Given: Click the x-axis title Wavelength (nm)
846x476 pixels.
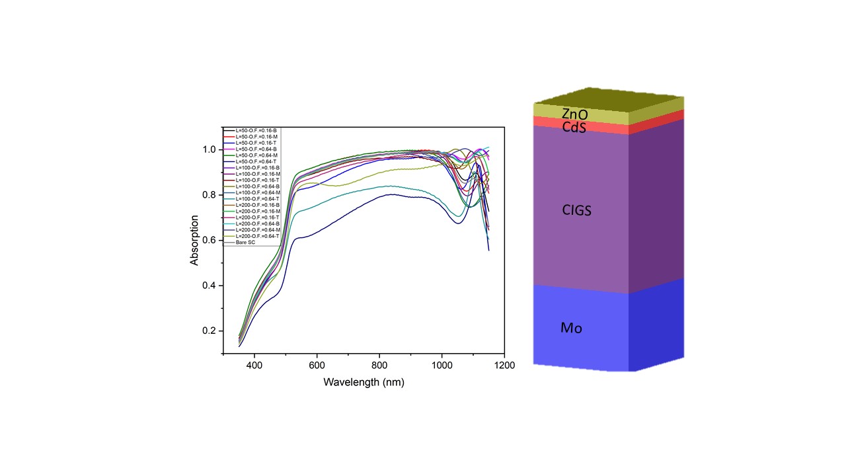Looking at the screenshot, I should pyautogui.click(x=364, y=382).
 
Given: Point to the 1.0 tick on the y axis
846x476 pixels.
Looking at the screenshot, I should pyautogui.click(x=209, y=150).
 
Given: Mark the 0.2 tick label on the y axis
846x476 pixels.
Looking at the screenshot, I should pyautogui.click(x=209, y=331).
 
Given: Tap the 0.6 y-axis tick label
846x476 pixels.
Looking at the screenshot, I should pyautogui.click(x=209, y=241).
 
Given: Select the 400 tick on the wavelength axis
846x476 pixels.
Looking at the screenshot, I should pyautogui.click(x=254, y=366).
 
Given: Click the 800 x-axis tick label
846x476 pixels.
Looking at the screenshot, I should pyautogui.click(x=379, y=366).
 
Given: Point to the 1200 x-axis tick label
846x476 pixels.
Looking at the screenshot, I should pyautogui.click(x=504, y=366).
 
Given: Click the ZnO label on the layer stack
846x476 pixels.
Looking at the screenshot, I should pyautogui.click(x=574, y=114).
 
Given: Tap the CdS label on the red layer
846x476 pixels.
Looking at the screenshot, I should pyautogui.click(x=574, y=126).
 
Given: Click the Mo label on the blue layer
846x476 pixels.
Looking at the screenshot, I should pyautogui.click(x=571, y=327).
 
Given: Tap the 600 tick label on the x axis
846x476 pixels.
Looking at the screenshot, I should pyautogui.click(x=317, y=366).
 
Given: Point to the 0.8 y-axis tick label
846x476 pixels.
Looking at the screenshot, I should pyautogui.click(x=209, y=195).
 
